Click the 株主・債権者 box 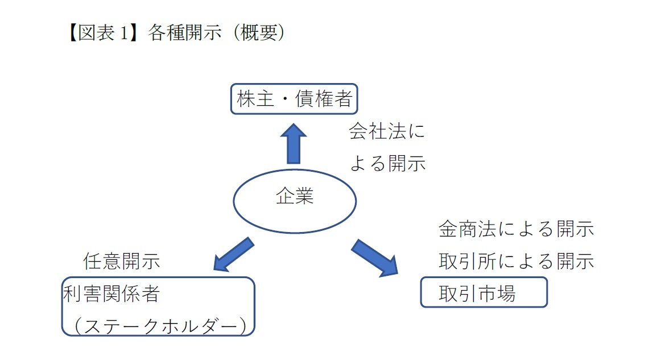[x=295, y=99]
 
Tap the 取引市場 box [x=483, y=292]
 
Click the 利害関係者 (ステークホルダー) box [x=158, y=307]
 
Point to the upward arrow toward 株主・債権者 [x=294, y=143]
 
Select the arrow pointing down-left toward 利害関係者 [x=233, y=253]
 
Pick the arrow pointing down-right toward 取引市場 [x=375, y=258]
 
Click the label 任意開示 [x=121, y=261]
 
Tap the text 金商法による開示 [x=516, y=230]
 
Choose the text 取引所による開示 [x=516, y=261]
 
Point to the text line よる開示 [x=387, y=164]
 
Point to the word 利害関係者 [x=111, y=294]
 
